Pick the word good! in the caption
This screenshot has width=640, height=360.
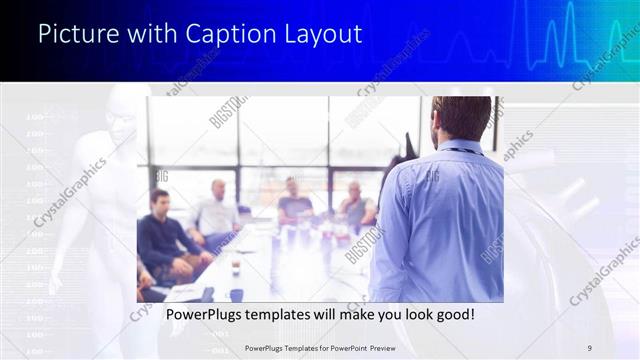tap(451, 315)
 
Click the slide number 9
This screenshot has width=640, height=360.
tap(589, 347)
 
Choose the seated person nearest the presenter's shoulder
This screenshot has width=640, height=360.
tap(355, 205)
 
